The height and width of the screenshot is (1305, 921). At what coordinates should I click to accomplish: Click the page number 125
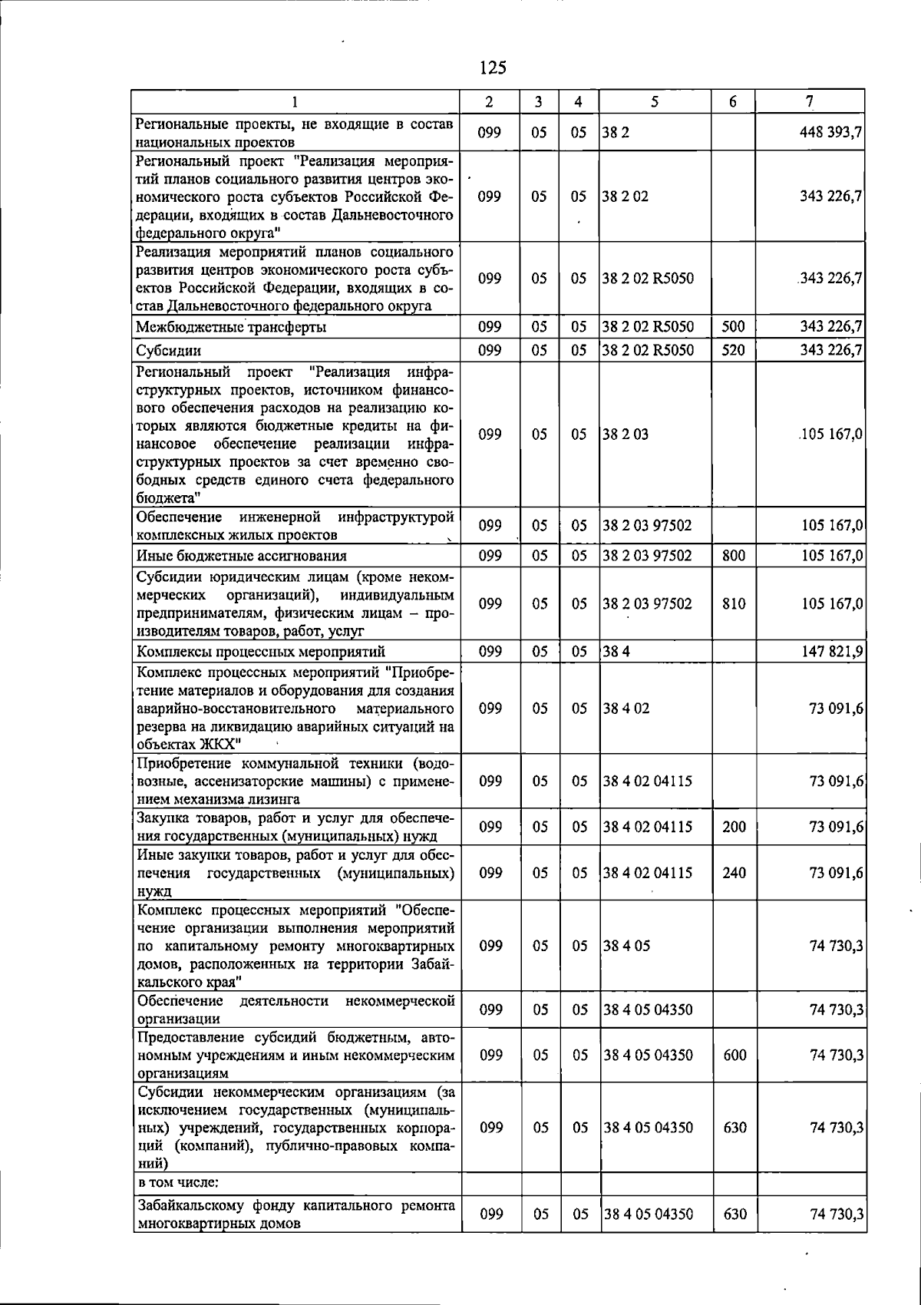click(x=492, y=68)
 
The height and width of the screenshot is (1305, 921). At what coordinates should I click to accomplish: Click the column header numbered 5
click(x=654, y=101)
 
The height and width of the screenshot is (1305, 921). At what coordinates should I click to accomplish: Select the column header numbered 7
click(x=809, y=101)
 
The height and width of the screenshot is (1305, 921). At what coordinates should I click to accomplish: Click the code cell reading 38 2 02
click(x=625, y=197)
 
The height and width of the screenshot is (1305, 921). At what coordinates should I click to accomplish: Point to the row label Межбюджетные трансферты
click(x=230, y=328)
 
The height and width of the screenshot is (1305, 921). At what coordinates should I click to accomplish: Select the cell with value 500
click(x=734, y=327)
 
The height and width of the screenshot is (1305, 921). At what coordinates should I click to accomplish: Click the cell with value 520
click(x=734, y=351)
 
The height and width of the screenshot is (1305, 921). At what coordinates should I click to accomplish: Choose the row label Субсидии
click(x=169, y=352)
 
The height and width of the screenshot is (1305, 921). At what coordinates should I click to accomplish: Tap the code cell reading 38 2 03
click(x=625, y=434)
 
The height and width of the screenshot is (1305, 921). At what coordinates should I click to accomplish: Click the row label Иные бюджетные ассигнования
click(x=241, y=556)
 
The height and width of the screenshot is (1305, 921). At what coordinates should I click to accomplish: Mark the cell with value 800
click(x=734, y=555)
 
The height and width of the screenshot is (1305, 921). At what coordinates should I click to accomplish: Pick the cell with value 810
click(x=734, y=604)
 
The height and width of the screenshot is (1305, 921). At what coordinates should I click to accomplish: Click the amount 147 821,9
click(x=831, y=652)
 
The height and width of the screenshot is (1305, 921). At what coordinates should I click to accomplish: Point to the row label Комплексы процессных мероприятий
click(x=260, y=652)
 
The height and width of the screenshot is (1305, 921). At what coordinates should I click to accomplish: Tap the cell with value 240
click(x=734, y=873)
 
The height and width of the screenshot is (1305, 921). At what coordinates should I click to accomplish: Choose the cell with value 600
click(x=734, y=1056)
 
